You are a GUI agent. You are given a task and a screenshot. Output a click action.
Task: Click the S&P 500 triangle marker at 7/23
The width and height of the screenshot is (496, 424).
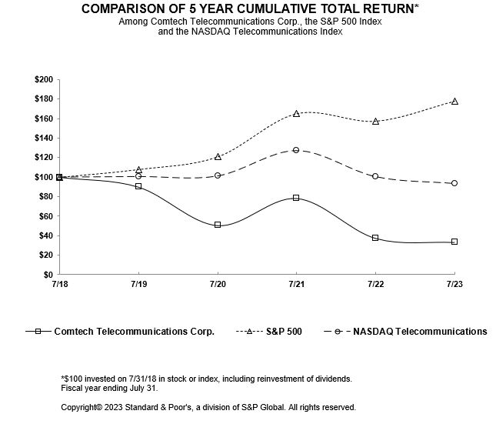[454, 102]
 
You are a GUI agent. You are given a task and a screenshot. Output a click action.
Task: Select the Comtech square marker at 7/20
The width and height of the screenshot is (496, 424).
[218, 225]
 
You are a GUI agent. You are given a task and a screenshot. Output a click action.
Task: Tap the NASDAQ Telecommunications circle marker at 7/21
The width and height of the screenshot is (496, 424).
[296, 150]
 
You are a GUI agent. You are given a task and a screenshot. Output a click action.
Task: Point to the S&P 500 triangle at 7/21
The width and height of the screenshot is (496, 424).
[296, 114]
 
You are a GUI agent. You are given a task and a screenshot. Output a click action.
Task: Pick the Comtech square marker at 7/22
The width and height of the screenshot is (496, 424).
[375, 238]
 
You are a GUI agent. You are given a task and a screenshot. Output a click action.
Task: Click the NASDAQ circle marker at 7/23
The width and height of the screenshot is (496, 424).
[454, 183]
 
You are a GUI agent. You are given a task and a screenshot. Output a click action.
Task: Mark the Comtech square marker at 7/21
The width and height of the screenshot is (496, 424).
[296, 198]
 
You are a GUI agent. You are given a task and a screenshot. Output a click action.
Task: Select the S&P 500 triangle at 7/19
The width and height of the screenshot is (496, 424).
[138, 169]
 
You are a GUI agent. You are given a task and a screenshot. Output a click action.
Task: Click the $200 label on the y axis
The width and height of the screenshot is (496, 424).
[44, 80]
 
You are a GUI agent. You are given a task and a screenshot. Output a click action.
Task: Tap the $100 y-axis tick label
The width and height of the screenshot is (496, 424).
[44, 177]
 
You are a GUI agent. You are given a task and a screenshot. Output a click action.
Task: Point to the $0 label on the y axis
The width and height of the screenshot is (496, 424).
[48, 275]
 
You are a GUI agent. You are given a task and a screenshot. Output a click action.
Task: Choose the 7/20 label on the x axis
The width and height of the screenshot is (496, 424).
[218, 284]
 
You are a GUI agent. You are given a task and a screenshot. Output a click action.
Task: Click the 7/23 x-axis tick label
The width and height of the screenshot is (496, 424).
[454, 284]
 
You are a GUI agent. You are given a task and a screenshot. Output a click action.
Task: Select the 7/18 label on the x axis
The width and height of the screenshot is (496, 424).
[59, 284]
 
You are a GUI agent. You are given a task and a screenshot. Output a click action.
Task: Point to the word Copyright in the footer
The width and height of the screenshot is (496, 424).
[79, 407]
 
